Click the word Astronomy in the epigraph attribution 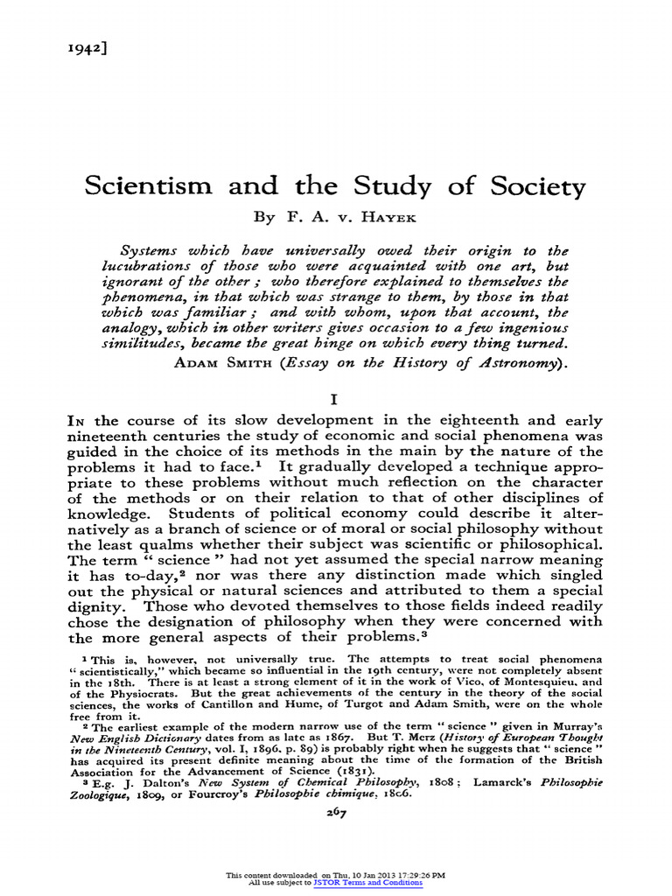tap(507, 362)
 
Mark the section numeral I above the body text tap(335, 398)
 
